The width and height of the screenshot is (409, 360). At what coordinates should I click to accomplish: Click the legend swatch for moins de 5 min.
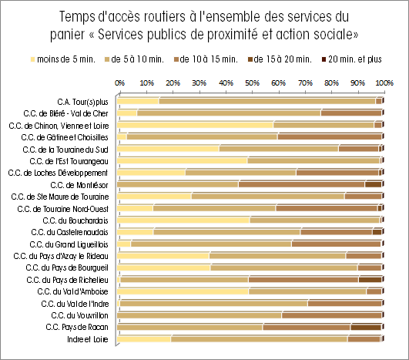(32, 59)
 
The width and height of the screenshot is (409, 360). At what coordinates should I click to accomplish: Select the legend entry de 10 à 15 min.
(206, 59)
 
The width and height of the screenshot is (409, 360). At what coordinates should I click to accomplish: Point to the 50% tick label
(252, 83)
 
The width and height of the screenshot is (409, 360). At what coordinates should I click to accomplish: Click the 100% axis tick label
(384, 83)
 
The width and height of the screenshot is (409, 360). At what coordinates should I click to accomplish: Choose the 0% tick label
(119, 83)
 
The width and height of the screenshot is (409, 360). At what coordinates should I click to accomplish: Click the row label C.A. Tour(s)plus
(82, 102)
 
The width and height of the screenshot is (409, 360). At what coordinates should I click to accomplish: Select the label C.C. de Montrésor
(79, 185)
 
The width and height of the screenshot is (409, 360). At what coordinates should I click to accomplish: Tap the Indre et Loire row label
(88, 339)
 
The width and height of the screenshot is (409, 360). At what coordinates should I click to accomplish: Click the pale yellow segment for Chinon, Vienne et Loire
(195, 125)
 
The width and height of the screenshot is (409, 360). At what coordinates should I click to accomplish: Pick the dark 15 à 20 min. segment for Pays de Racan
(366, 327)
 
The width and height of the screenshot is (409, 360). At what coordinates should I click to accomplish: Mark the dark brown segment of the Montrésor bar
(373, 184)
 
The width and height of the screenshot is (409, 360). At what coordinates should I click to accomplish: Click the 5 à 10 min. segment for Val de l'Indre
(214, 304)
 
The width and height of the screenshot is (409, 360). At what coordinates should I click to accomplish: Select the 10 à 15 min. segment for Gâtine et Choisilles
(330, 136)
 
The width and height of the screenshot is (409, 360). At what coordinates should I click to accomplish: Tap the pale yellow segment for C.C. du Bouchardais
(183, 220)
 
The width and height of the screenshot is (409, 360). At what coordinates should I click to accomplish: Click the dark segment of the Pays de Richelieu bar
(370, 280)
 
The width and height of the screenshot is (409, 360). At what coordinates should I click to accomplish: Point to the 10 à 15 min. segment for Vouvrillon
(331, 315)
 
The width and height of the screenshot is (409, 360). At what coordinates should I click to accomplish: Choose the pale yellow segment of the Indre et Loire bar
(144, 339)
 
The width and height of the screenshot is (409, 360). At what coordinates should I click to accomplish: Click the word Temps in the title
(77, 17)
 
